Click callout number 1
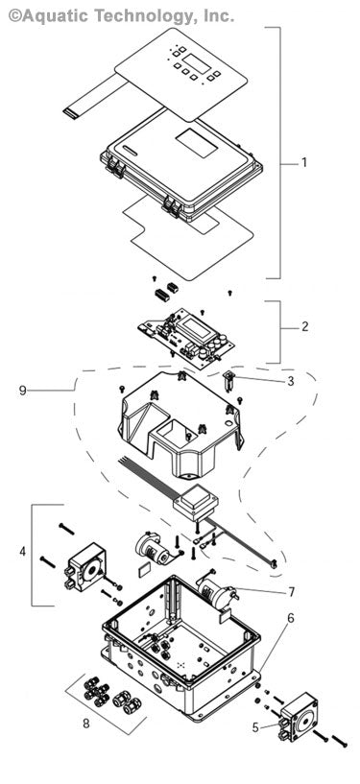point(304,162)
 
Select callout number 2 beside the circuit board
point(304,327)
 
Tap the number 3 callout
point(290,381)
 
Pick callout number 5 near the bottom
point(255,726)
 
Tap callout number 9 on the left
point(22,391)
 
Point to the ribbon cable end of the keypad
point(72,112)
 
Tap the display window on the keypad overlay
point(198,64)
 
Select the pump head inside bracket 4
point(83,572)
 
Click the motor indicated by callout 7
point(215,592)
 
